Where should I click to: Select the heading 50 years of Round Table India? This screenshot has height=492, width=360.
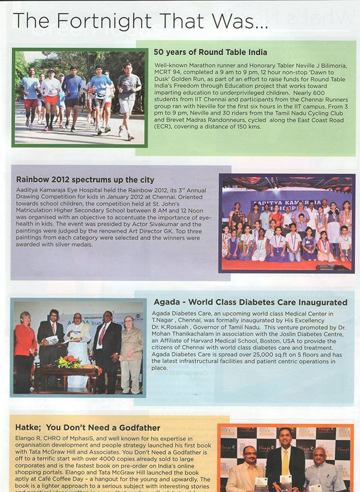210,52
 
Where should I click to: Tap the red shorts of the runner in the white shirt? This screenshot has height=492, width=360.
51,100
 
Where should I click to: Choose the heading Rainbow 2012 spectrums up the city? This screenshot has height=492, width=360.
85,180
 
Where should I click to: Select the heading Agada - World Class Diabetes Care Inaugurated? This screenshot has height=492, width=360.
250,302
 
